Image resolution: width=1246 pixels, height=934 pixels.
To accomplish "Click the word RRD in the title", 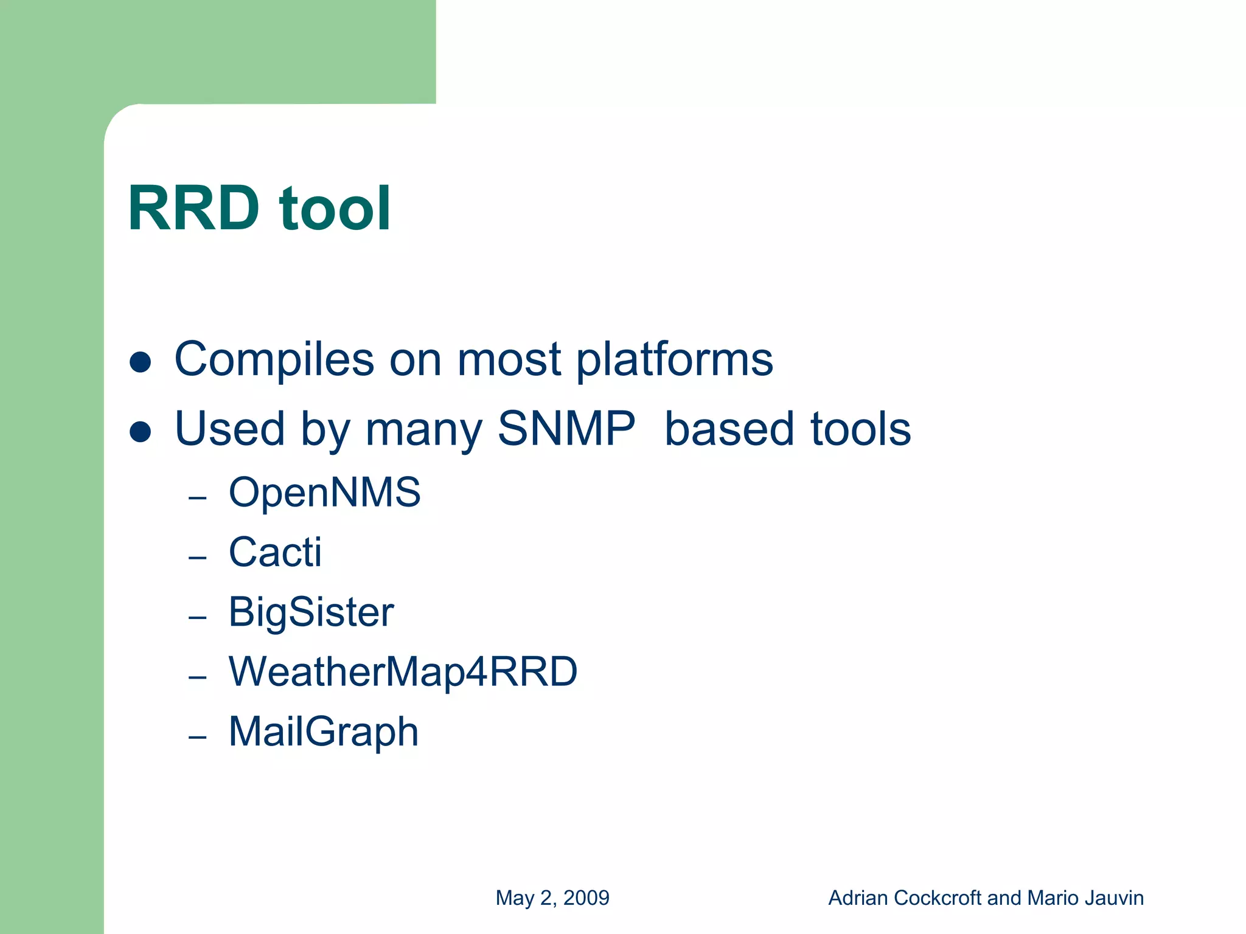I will coord(193,209).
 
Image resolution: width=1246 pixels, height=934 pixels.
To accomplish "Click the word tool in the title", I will coord(334,209).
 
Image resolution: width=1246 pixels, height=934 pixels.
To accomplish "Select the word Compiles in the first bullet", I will coord(274,360).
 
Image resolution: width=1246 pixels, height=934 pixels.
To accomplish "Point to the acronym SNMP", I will coord(566,429).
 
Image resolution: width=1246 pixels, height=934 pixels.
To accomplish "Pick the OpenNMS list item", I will coord(324,492).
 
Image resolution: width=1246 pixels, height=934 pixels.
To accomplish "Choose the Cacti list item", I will coord(275,552).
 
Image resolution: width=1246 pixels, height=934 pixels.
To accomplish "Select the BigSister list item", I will coord(311,612).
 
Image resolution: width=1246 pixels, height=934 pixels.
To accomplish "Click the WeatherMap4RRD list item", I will coord(403,672).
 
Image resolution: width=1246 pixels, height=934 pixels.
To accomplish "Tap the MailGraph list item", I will coord(323,732).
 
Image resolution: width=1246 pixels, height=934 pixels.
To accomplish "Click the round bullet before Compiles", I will coord(141,362).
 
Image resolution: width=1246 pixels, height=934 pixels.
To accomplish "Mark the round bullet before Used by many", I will coord(141,432).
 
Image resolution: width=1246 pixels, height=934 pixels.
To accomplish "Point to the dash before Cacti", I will coord(198,558).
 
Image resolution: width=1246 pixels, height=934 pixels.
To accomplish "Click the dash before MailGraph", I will coord(198,738).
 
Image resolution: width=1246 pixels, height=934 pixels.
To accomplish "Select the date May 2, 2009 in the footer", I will coord(552,898).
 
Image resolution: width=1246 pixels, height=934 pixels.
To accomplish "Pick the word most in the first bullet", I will coord(509,360).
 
